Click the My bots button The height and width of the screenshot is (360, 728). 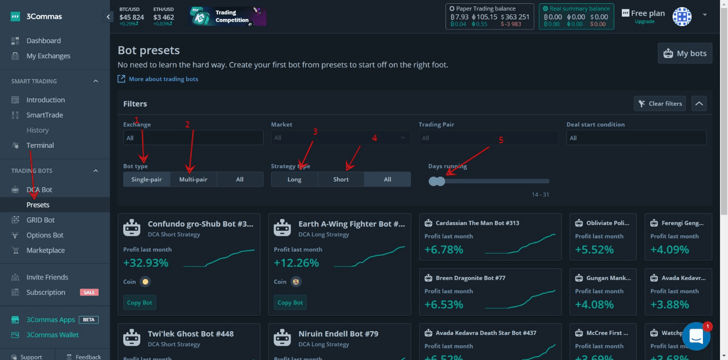click(685, 54)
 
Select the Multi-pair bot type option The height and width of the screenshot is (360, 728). click(193, 180)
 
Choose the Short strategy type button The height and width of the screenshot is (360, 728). click(341, 180)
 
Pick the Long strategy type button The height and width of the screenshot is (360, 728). click(294, 180)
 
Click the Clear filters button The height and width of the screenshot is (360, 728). click(660, 104)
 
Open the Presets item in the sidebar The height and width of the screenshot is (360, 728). click(38, 205)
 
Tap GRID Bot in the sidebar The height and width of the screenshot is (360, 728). click(40, 220)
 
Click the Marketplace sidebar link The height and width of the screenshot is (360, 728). click(45, 251)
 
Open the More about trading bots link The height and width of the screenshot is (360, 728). click(164, 79)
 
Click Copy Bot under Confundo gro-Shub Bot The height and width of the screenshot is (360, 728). click(140, 303)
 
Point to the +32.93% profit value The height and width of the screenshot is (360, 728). click(146, 263)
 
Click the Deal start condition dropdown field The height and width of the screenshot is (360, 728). click(636, 138)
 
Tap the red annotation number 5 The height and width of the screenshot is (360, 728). click(500, 140)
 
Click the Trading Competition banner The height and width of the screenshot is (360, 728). click(228, 17)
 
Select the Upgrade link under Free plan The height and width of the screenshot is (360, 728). click(645, 22)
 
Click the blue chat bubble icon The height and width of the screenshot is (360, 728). click(696, 336)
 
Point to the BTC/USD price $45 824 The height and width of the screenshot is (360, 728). click(132, 18)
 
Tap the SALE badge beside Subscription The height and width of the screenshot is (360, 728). click(89, 292)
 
